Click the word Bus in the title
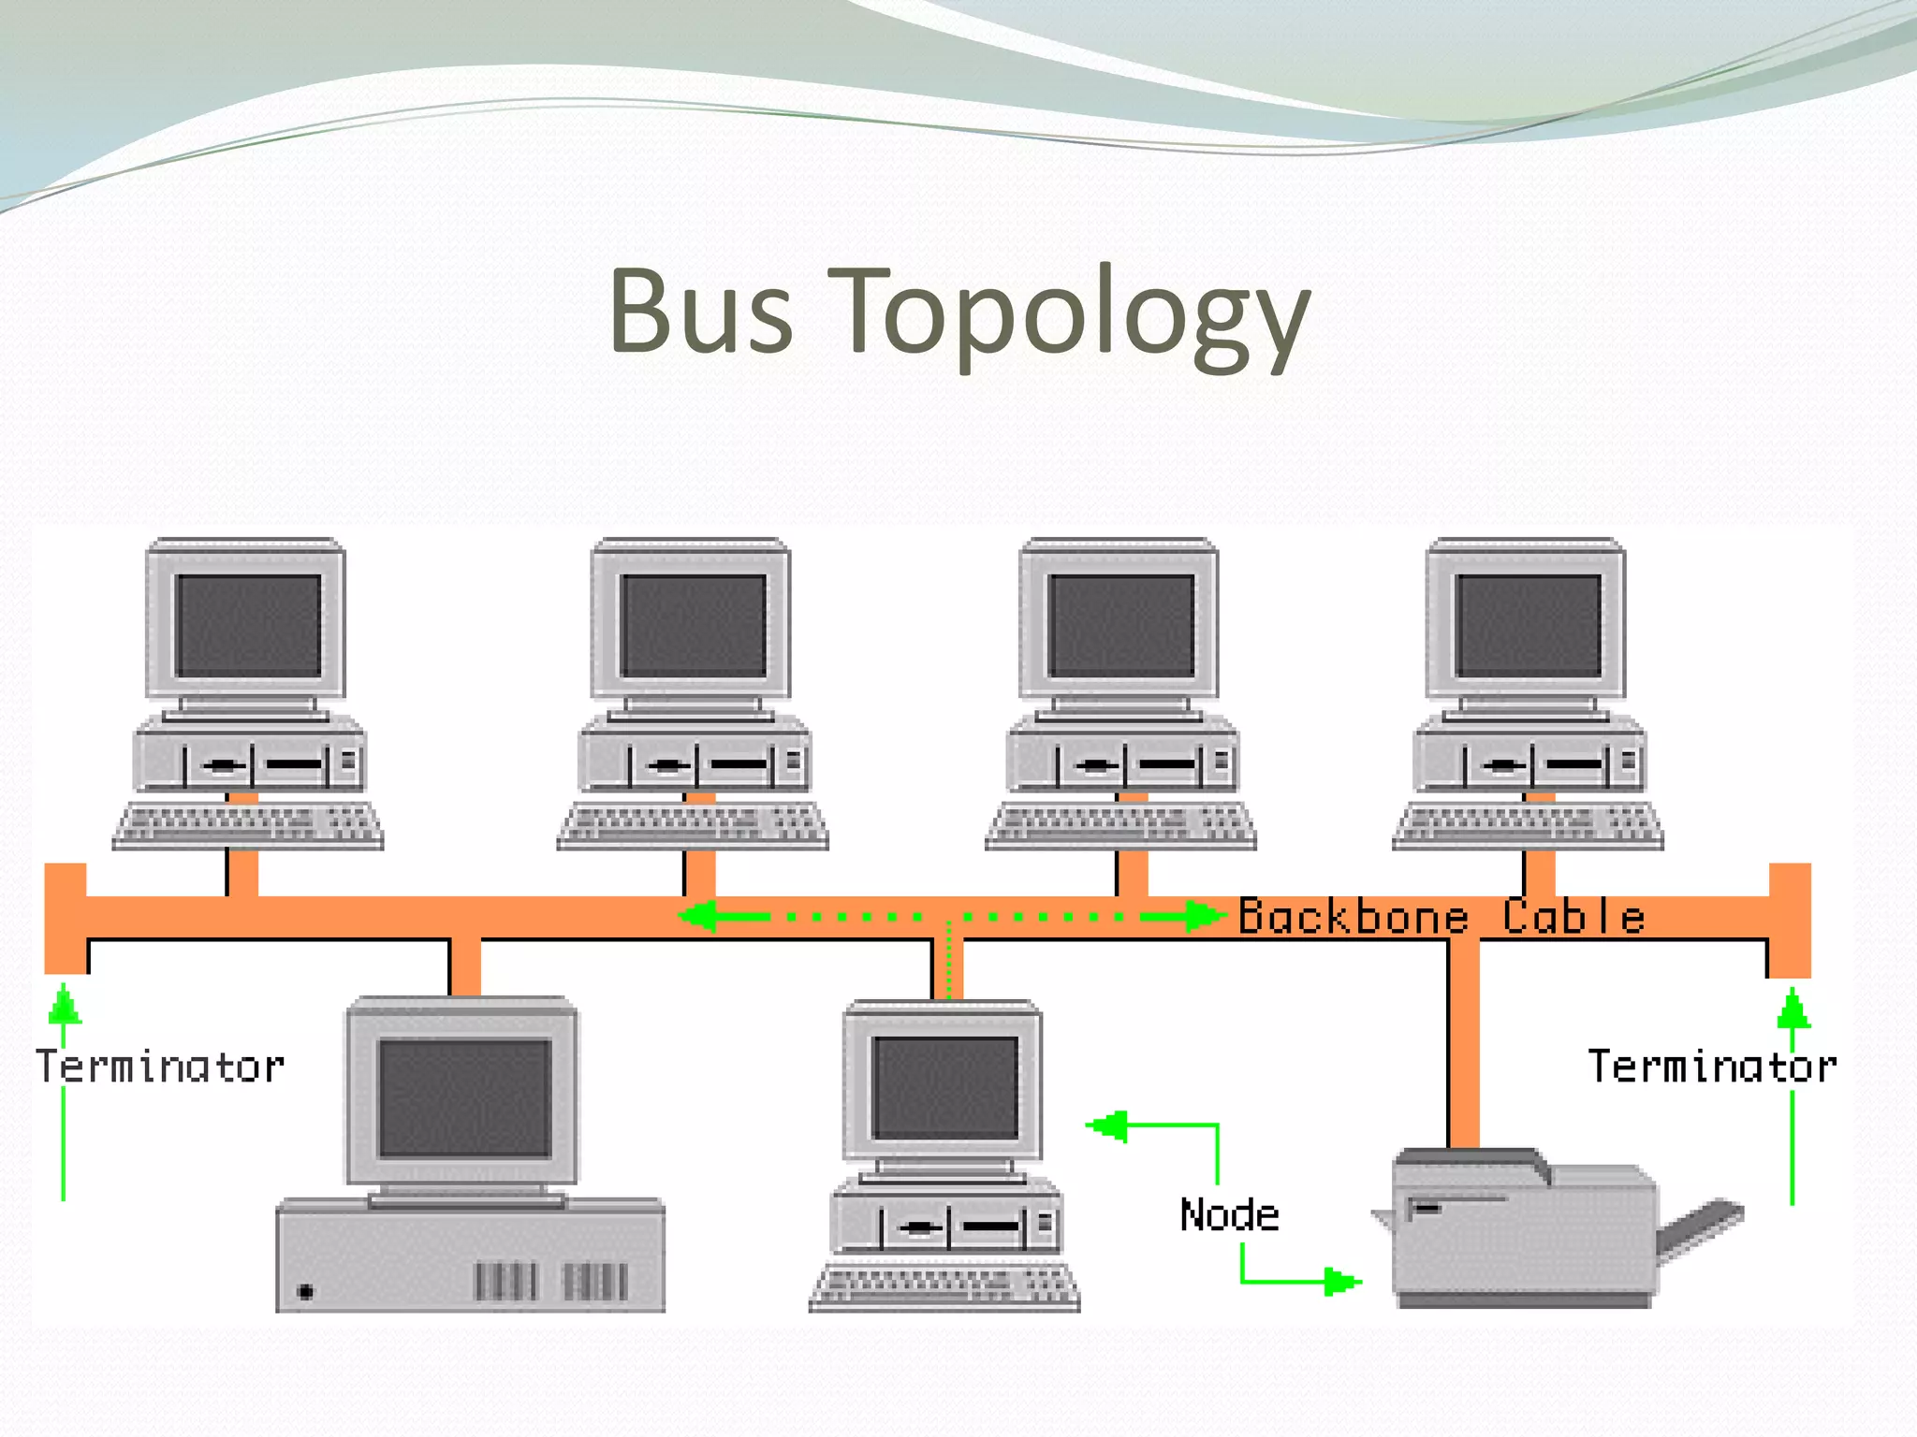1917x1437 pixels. tap(701, 312)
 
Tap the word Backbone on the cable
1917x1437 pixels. tap(1354, 917)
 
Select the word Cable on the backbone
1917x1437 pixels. tap(1573, 917)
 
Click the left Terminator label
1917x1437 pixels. tap(160, 1067)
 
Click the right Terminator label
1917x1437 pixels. tap(1712, 1067)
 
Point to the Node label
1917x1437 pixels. tap(1229, 1215)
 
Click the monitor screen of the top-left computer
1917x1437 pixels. tap(249, 625)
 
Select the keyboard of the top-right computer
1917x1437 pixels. tap(1528, 825)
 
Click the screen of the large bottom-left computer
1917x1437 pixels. tap(464, 1097)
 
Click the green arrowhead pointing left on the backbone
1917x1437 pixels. tap(699, 916)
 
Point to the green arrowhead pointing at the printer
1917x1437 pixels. tap(1342, 1281)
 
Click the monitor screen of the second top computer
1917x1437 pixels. tap(694, 625)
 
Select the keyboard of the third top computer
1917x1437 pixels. tap(1121, 825)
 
